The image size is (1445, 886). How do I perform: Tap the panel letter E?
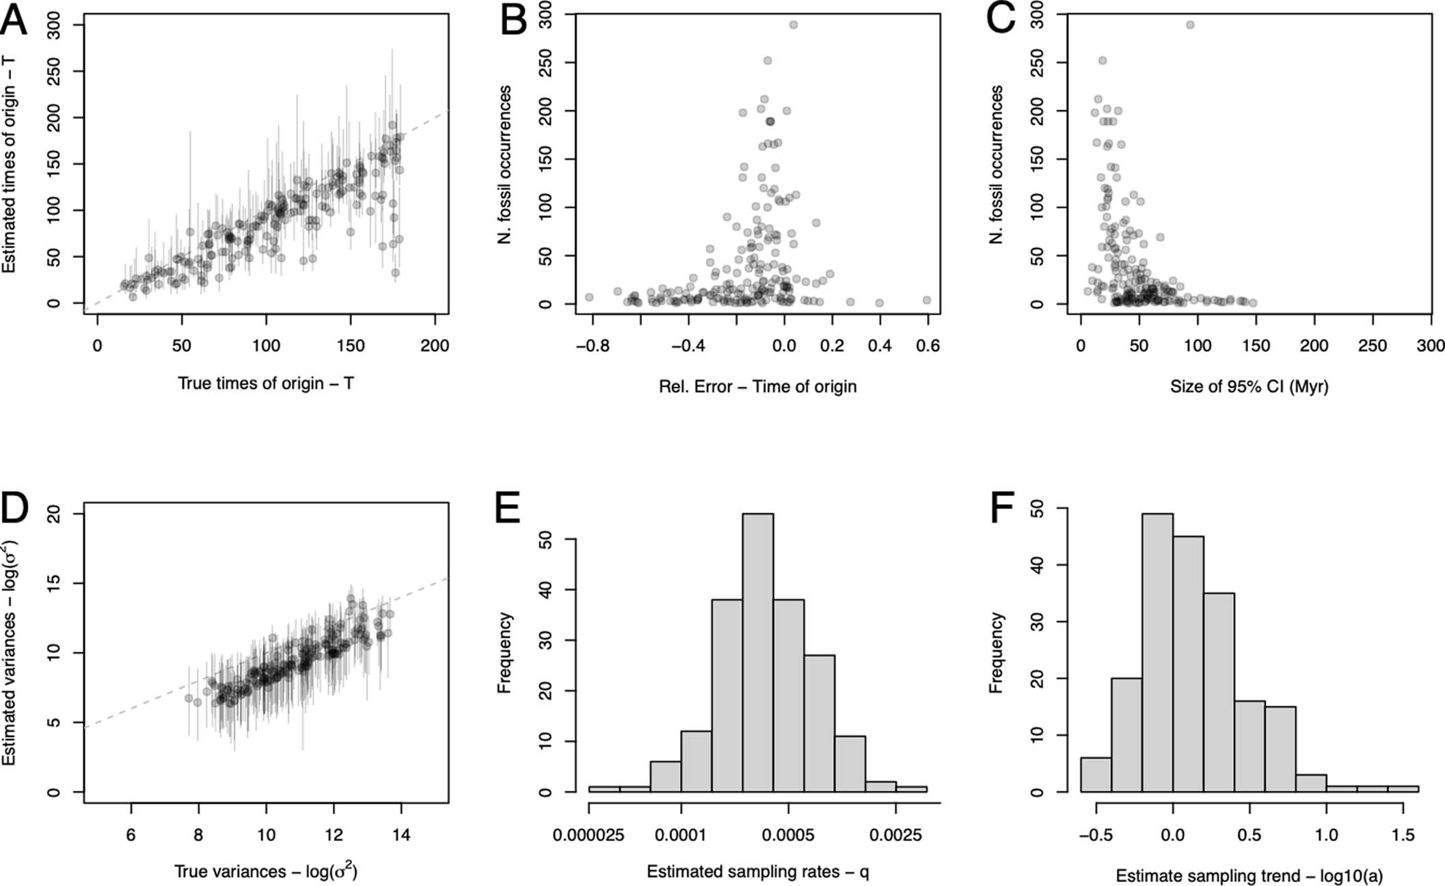[x=507, y=509]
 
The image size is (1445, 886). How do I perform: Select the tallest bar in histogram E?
[x=757, y=652]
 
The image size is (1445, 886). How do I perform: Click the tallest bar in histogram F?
[x=1157, y=652]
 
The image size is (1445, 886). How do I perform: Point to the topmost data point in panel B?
[x=793, y=25]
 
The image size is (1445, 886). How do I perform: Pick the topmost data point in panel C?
[x=1189, y=25]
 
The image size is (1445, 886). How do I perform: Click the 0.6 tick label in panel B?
[x=927, y=346]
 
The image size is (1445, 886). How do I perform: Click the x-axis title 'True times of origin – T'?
[x=266, y=383]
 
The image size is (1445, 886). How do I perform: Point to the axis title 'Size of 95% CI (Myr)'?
[x=1249, y=387]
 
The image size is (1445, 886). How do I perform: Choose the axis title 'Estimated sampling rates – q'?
[x=757, y=872]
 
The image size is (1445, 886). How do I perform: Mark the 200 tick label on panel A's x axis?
[x=435, y=346]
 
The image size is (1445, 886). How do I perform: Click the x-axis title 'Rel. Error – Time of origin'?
[x=757, y=387]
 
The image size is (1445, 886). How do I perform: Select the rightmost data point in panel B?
[x=927, y=300]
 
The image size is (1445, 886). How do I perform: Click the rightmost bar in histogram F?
[x=1403, y=788]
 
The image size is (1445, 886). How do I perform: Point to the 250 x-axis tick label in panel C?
[x=1373, y=346]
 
